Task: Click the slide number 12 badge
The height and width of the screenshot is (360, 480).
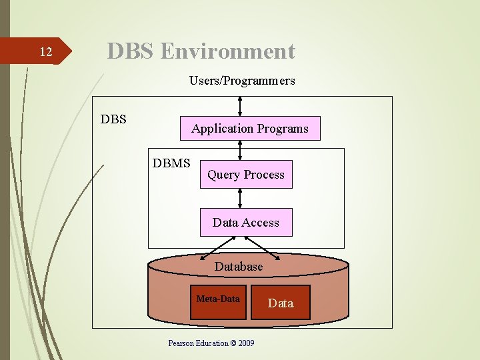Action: click(45, 52)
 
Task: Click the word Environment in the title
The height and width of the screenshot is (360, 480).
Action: click(227, 51)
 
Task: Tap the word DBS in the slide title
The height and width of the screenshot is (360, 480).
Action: click(131, 51)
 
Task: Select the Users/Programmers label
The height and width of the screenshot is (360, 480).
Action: click(242, 81)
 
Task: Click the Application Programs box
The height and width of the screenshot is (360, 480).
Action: click(250, 129)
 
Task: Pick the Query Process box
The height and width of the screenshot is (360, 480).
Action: click(245, 175)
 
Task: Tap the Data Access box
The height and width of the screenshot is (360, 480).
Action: click(245, 223)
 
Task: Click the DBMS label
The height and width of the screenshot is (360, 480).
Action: click(171, 163)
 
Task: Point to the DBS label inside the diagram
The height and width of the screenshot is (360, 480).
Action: click(113, 120)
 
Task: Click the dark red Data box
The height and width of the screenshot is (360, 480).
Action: click(280, 303)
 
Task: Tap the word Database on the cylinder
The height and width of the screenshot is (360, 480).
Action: click(239, 267)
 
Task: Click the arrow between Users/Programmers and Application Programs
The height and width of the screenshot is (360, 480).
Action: click(241, 105)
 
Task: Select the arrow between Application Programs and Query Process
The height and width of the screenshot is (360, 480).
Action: click(241, 151)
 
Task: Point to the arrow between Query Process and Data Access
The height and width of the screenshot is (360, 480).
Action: click(241, 198)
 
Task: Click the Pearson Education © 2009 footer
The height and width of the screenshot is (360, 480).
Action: click(211, 343)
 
